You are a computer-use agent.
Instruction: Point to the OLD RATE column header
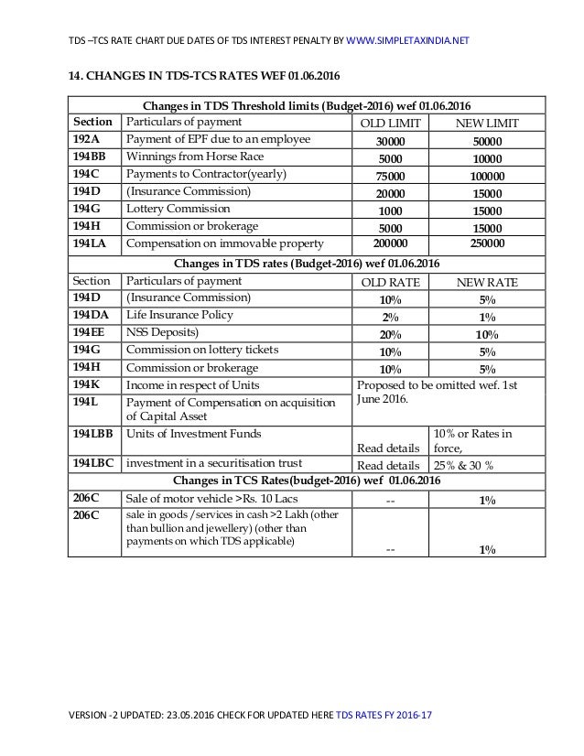(x=392, y=283)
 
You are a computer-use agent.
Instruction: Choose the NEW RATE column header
(x=487, y=283)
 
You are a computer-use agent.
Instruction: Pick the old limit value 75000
(x=392, y=176)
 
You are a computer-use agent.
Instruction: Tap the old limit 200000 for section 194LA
(x=392, y=244)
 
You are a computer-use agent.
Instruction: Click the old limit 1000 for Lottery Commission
(x=392, y=211)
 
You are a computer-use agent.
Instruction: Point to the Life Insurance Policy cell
(x=174, y=315)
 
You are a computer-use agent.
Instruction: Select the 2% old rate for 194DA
(x=392, y=317)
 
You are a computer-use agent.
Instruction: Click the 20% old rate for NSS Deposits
(x=392, y=334)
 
